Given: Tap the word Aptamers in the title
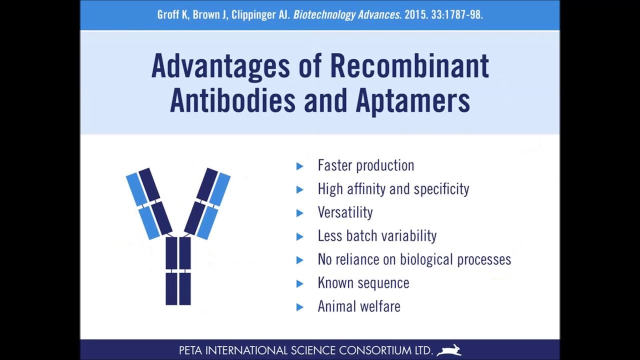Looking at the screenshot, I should click(x=412, y=99).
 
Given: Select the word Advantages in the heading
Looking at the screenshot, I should click(x=220, y=65).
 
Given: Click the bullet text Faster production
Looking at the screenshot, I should click(x=365, y=165).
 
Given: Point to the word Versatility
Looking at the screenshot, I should click(x=345, y=212).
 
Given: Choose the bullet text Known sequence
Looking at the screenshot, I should click(x=363, y=283).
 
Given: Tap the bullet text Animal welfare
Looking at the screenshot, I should click(x=358, y=306).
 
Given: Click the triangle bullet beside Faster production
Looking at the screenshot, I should click(x=299, y=166).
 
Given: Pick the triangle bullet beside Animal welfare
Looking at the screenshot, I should click(x=299, y=307).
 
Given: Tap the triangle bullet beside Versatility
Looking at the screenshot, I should click(x=299, y=213).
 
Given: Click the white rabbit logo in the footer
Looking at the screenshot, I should click(x=448, y=350).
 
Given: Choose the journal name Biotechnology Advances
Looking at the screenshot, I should click(x=346, y=15).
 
